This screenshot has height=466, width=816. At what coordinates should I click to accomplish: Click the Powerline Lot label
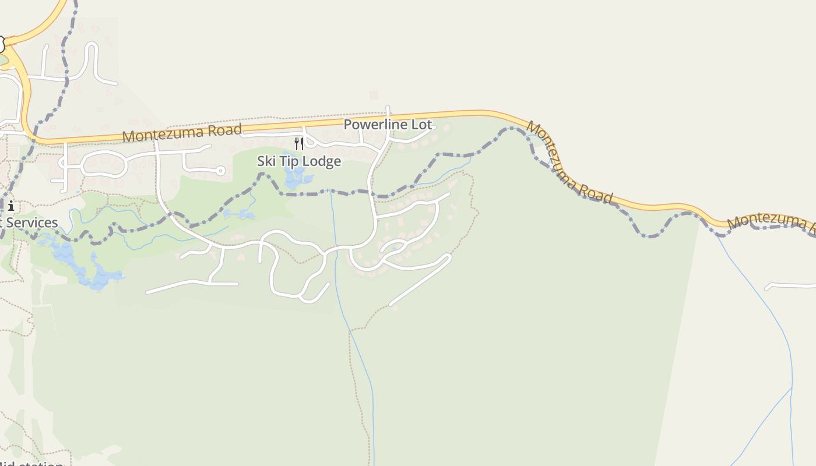point(388,125)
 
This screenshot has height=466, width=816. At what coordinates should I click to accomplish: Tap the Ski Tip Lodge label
point(299,161)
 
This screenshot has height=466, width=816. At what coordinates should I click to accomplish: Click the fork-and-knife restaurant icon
point(299,143)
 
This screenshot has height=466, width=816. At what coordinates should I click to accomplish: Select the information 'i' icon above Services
point(11,206)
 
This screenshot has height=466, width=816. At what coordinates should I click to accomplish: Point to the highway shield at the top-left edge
point(1,44)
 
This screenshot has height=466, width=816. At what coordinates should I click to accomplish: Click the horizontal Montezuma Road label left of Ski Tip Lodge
point(182,133)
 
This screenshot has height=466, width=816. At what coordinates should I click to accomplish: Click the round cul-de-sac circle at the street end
point(220,171)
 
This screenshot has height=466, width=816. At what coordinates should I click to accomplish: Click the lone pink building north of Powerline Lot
point(374,95)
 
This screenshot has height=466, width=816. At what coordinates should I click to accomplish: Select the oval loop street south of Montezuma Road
point(104,164)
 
